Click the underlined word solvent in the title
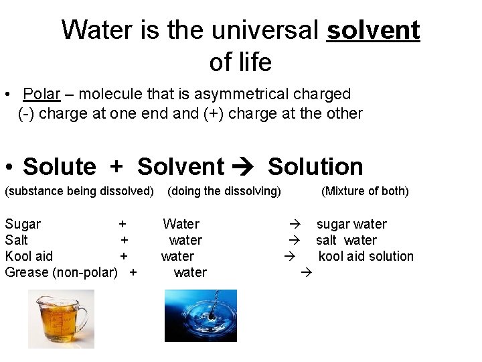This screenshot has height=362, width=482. point(373,30)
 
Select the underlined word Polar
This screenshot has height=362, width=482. point(42,95)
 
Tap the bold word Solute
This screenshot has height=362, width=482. point(60,166)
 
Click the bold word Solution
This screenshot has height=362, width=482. point(315,166)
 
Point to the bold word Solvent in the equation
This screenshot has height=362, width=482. point(181,166)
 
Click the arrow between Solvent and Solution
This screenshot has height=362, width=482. point(246,167)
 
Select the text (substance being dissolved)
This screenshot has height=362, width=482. point(79,191)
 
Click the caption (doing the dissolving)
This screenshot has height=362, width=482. point(224,191)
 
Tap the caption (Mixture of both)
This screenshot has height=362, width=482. point(365,191)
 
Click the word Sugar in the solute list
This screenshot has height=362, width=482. point(23,224)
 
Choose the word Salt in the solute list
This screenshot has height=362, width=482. point(17,240)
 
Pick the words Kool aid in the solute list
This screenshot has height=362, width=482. point(29,256)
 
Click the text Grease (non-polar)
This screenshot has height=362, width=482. point(61,272)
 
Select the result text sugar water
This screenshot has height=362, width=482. point(351,224)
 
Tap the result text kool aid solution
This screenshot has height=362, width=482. point(366,256)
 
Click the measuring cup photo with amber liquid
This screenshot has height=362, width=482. point(61,318)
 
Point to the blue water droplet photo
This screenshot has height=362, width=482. point(200,316)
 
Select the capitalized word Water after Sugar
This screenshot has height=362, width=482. point(181,224)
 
